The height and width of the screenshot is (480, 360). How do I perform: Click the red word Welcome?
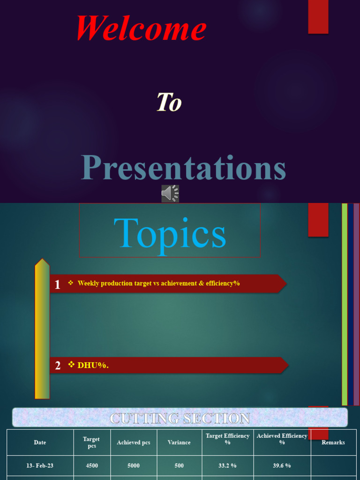[x=141, y=28]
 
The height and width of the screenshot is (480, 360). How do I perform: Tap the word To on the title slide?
[x=169, y=102]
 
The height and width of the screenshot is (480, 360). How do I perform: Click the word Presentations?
[x=183, y=168]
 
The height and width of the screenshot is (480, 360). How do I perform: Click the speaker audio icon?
[x=170, y=193]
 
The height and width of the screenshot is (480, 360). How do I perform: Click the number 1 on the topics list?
[x=57, y=284]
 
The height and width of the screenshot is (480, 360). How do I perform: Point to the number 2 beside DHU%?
[x=58, y=366]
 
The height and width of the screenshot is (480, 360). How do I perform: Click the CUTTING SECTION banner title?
[x=180, y=418]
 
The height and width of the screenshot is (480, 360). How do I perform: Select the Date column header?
[x=40, y=442]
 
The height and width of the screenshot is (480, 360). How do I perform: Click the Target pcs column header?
[x=91, y=442]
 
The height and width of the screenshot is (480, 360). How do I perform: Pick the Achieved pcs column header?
[x=134, y=442]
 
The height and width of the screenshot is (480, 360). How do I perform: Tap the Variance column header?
[x=179, y=442]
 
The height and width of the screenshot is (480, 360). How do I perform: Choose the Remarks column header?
[x=333, y=442]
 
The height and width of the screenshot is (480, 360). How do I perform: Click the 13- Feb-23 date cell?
[x=40, y=465]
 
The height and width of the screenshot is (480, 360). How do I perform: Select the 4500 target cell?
[x=91, y=465]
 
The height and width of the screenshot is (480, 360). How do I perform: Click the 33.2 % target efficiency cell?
[x=227, y=465]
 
